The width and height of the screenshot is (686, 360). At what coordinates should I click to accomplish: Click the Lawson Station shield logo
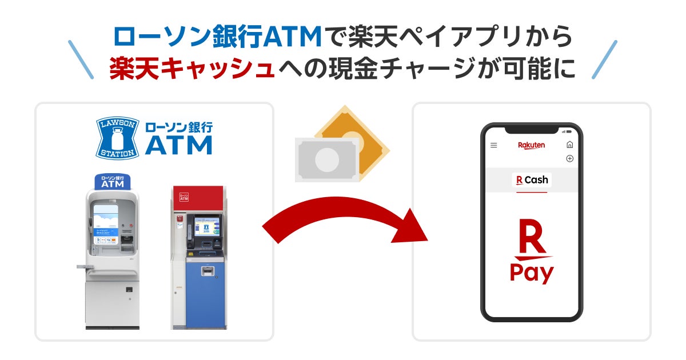118,137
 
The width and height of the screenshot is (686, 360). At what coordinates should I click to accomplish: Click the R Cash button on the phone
532,180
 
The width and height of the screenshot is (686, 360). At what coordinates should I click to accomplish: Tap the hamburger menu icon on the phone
494,146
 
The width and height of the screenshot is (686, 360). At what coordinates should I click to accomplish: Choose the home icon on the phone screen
569,145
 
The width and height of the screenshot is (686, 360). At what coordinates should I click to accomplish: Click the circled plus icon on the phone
569,158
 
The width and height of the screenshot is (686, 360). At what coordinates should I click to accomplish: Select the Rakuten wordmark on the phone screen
532,145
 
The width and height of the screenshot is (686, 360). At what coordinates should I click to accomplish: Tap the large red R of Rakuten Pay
531,237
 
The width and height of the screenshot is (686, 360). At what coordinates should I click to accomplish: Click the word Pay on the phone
532,273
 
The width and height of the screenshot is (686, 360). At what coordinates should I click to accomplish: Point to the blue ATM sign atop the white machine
113,181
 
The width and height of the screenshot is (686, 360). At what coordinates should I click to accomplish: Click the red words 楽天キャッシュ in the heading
192,68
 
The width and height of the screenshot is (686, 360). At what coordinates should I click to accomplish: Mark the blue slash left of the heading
80,59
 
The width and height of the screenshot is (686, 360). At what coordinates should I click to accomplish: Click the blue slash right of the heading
604,59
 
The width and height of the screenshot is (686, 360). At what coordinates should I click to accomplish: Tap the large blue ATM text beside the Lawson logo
178,145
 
